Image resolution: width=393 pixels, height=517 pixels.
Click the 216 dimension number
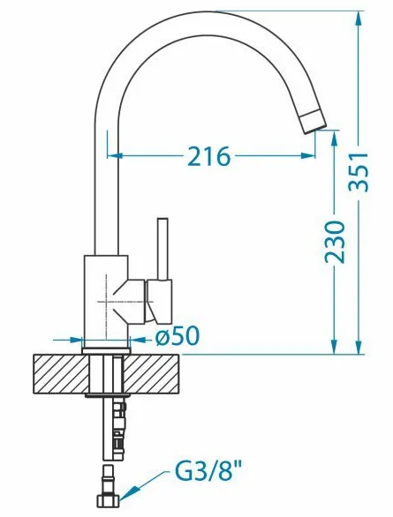(208, 156)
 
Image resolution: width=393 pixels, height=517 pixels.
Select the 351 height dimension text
(359, 171)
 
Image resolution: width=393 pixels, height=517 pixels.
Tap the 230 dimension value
(335, 243)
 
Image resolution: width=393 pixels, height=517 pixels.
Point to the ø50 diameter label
(178, 335)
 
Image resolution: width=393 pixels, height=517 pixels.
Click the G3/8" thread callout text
(208, 473)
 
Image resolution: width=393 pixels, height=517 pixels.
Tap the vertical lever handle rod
(162, 249)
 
